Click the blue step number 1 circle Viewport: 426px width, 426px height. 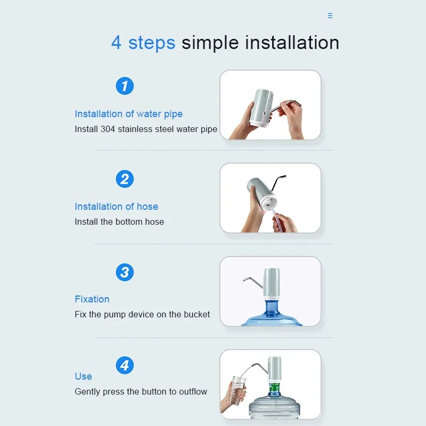coord(125,86)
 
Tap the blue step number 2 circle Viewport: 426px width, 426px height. coord(125,179)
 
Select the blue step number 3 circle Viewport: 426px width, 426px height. coord(125,272)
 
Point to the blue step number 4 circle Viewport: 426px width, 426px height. coord(125,365)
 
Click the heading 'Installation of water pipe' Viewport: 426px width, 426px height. coord(128,114)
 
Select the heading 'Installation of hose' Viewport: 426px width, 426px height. coord(116,207)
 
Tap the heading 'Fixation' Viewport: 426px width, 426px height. coord(92,299)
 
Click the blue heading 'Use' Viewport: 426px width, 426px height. coord(83,376)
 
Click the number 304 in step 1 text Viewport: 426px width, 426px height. coord(108,129)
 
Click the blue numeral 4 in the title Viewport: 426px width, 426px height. coord(116,43)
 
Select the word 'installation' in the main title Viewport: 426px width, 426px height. coord(292,43)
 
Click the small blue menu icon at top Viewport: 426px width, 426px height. coord(330,15)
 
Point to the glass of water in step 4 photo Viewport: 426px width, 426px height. coord(238,390)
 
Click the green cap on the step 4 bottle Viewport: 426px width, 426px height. coord(274,387)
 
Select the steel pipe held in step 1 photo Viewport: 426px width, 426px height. coord(285,105)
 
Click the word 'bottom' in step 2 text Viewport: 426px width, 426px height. coord(129,222)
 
